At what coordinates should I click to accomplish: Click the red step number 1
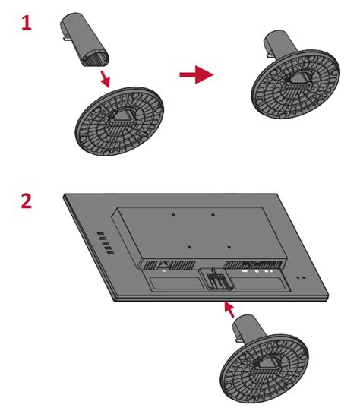pyautogui.click(x=27, y=24)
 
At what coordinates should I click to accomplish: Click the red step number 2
pyautogui.click(x=27, y=201)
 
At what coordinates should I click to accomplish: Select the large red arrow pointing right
pyautogui.click(x=197, y=74)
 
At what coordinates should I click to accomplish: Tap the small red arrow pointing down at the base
pyautogui.click(x=105, y=79)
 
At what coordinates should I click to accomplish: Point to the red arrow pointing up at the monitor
pyautogui.click(x=229, y=309)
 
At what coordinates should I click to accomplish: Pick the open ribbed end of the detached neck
pyautogui.click(x=96, y=58)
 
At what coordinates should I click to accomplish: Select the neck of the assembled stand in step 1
pyautogui.click(x=279, y=44)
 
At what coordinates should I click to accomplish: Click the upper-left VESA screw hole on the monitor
pyautogui.click(x=173, y=215)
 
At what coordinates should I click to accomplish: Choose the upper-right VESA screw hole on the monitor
pyautogui.click(x=213, y=215)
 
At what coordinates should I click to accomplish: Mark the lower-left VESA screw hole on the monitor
pyautogui.click(x=189, y=247)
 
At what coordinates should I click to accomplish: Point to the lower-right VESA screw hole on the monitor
pyautogui.click(x=229, y=247)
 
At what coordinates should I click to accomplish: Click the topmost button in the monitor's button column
pyautogui.click(x=100, y=234)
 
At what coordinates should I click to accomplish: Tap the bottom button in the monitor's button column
pyautogui.click(x=111, y=253)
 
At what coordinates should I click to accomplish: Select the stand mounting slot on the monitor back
pyautogui.click(x=216, y=279)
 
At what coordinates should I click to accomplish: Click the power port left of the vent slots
pyautogui.click(x=164, y=264)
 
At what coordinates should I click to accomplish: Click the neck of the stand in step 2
pyautogui.click(x=248, y=329)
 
